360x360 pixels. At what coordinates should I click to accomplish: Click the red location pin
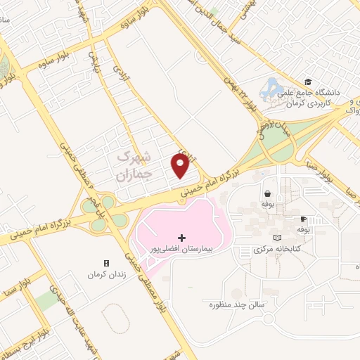coord(181,165)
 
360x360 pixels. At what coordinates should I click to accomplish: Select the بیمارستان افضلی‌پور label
coord(182,249)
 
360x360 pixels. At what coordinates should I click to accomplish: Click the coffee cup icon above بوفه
coord(302,219)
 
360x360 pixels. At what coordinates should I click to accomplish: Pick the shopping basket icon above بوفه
coord(267,193)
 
